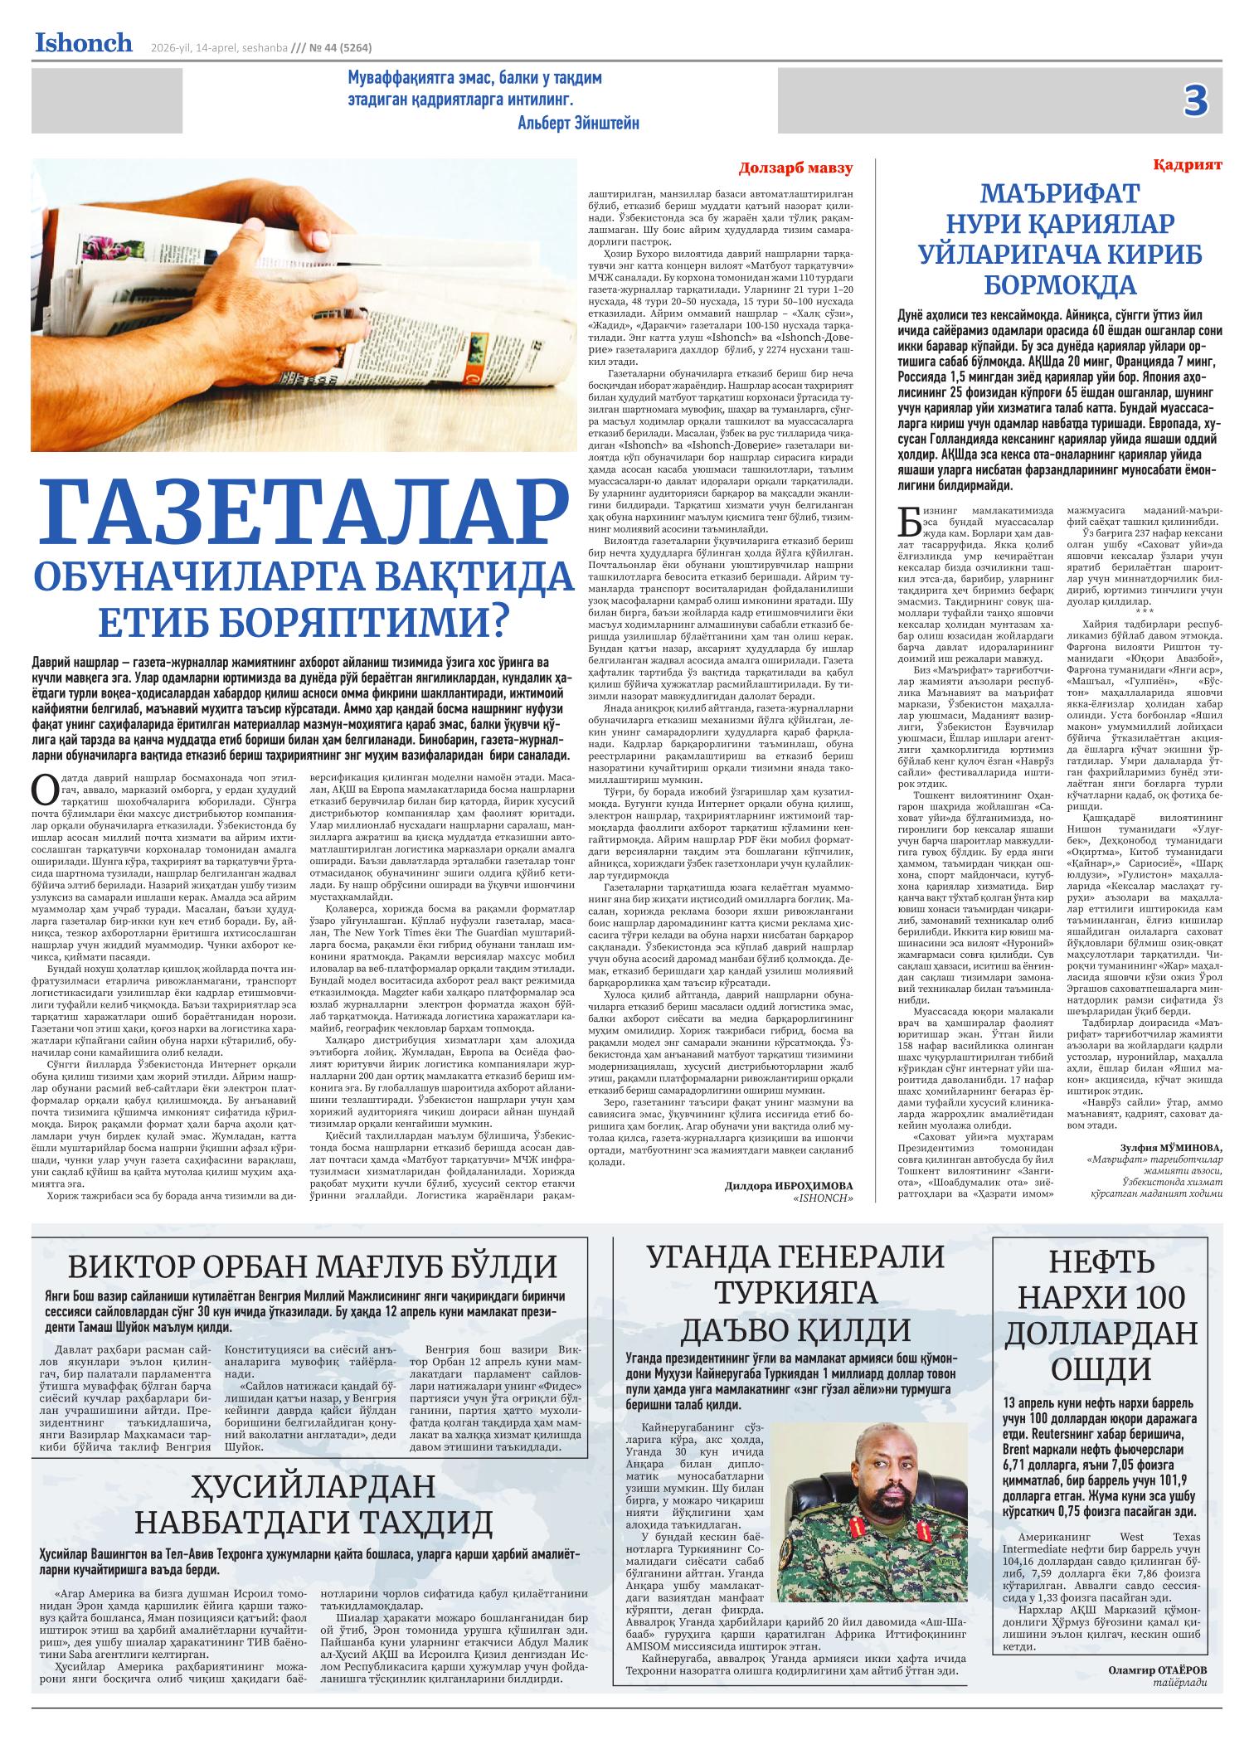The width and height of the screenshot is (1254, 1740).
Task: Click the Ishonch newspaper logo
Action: click(x=83, y=43)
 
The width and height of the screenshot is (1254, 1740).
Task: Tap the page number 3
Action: click(x=1195, y=101)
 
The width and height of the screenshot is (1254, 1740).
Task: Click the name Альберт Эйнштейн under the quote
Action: click(x=578, y=123)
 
